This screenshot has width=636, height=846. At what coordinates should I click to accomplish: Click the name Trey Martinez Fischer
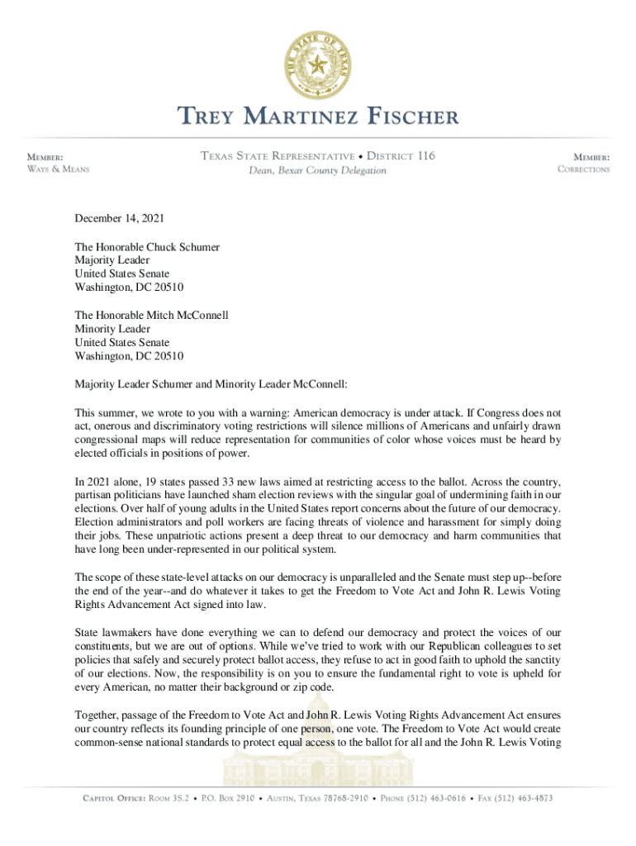(318, 117)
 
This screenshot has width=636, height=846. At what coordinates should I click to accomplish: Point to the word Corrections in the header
(583, 169)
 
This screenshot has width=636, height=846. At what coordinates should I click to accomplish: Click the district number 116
(418, 156)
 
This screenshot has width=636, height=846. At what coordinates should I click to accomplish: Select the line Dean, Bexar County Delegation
(318, 171)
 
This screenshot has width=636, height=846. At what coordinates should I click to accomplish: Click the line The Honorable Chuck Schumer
(147, 246)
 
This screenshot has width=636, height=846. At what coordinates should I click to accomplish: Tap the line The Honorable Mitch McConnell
(151, 315)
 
